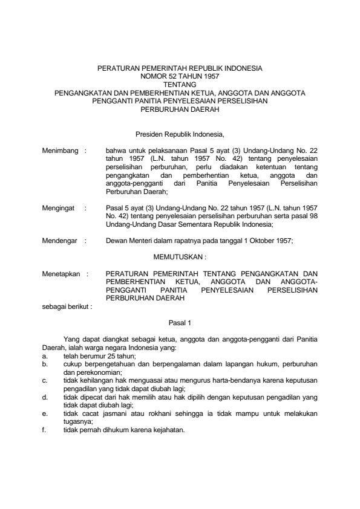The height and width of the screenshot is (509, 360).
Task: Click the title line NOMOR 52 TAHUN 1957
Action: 180,78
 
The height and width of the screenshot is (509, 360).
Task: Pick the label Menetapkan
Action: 61,273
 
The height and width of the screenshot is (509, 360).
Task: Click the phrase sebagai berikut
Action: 67,306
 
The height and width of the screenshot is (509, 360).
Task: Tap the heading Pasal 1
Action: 180,323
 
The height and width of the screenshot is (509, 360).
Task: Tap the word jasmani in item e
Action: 111,414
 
